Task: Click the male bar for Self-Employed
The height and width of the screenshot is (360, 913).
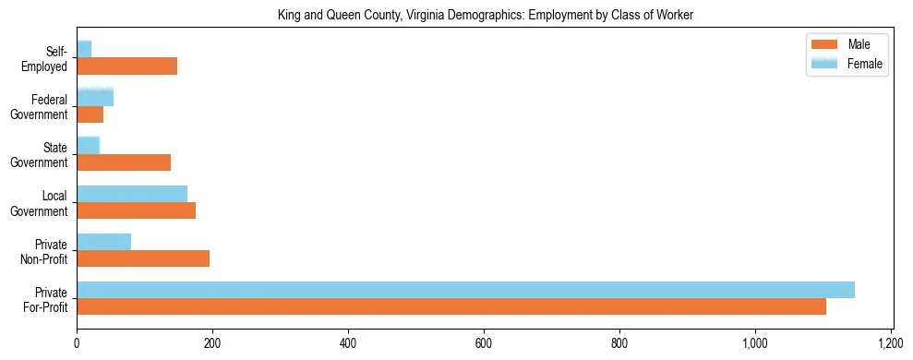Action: pyautogui.click(x=126, y=66)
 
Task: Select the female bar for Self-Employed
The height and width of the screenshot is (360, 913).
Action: pyautogui.click(x=84, y=49)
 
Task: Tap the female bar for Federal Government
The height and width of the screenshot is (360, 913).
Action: pyautogui.click(x=95, y=97)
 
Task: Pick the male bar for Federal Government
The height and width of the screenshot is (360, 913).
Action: pyautogui.click(x=90, y=114)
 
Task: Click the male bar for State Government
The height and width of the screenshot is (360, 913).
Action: pyautogui.click(x=124, y=162)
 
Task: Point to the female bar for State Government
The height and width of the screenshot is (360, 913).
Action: pyautogui.click(x=88, y=145)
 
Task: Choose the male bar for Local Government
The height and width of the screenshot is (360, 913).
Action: pyautogui.click(x=136, y=210)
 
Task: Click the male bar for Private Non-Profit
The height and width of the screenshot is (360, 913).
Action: pyautogui.click(x=143, y=258)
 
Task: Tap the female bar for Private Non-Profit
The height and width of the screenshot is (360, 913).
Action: pyautogui.click(x=103, y=242)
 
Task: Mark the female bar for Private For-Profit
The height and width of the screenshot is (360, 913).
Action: pyautogui.click(x=465, y=290)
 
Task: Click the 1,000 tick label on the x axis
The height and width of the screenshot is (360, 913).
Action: pyautogui.click(x=755, y=342)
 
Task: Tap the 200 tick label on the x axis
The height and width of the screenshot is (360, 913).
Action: pyautogui.click(x=212, y=342)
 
